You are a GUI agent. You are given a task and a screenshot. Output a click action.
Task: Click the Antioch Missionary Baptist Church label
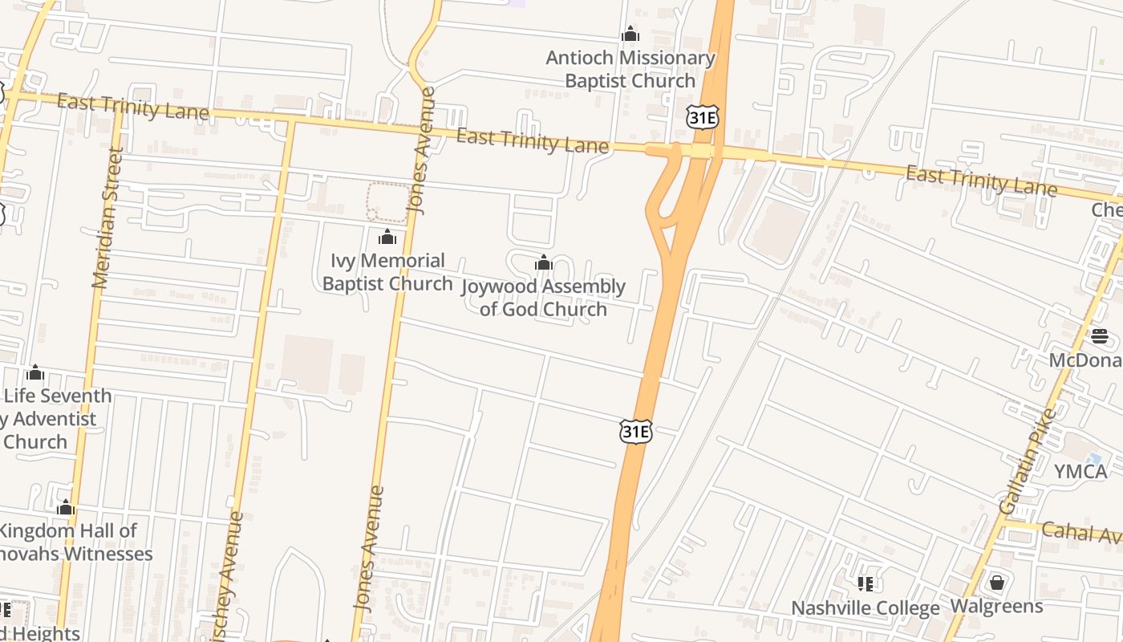tap(630, 69)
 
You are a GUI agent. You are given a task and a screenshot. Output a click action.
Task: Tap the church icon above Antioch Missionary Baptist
tap(630, 35)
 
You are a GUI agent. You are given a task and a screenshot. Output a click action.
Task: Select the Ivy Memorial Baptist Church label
tap(387, 272)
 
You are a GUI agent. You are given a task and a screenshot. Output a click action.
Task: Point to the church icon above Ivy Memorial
tap(387, 237)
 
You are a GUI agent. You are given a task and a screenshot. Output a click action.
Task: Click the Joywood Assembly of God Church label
tap(544, 298)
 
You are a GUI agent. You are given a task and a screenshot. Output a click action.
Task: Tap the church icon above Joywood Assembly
tap(544, 262)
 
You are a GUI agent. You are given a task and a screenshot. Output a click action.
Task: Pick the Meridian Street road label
tap(107, 218)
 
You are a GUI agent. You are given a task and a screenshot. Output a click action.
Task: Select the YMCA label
tap(1080, 471)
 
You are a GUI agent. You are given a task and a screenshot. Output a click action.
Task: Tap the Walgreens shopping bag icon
tap(996, 582)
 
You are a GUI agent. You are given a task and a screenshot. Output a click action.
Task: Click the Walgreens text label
tap(996, 606)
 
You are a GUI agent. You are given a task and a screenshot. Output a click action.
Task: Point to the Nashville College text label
tap(865, 608)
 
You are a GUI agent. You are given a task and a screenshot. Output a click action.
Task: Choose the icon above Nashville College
tap(865, 583)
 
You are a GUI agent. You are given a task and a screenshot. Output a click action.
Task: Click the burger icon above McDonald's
tap(1099, 335)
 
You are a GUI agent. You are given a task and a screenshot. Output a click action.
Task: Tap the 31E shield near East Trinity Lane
tap(702, 118)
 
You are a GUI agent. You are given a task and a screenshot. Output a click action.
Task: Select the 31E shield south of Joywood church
tap(635, 431)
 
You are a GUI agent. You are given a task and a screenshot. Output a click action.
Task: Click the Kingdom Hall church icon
tap(66, 508)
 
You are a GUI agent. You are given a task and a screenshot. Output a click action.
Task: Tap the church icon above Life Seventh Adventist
tap(34, 373)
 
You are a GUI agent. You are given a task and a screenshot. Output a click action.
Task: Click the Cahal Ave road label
tap(1081, 533)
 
